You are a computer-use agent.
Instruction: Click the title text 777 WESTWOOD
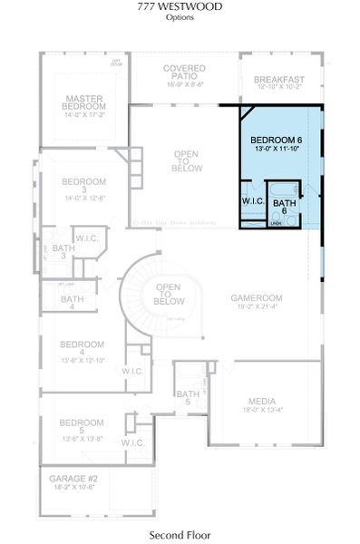(x=180, y=6)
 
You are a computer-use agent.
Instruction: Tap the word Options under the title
(x=180, y=17)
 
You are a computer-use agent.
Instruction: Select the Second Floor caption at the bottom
(x=180, y=536)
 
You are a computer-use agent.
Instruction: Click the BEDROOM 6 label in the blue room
(x=278, y=140)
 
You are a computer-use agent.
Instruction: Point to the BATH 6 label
(x=285, y=206)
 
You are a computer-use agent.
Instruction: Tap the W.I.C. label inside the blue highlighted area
(x=252, y=200)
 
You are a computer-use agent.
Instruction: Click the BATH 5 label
(x=188, y=397)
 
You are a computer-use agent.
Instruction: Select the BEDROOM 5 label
(x=83, y=423)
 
